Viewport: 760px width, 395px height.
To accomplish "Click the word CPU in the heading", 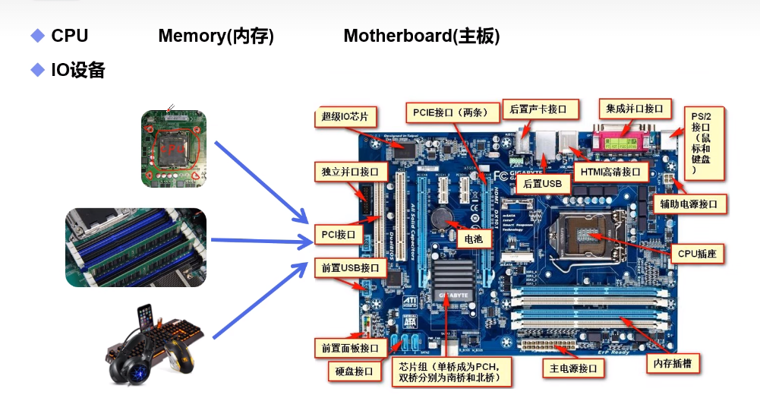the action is point(69,36).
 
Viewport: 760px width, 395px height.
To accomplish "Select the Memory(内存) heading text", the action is point(216,36).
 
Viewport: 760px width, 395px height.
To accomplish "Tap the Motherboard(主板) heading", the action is point(421,36).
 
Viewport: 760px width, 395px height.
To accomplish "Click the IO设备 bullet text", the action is point(77,71).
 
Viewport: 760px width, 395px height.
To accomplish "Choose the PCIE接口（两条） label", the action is point(453,112).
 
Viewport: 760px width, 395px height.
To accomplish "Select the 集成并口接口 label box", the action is point(634,109).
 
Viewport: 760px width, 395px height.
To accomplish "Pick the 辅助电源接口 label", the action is point(689,204).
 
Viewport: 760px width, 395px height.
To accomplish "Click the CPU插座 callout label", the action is point(696,253).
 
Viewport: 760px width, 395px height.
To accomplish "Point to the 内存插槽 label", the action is point(673,362).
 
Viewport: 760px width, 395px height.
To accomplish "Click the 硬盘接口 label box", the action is point(354,371).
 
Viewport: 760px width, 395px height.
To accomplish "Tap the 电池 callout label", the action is point(473,239).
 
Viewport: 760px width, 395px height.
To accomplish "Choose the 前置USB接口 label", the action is point(349,267).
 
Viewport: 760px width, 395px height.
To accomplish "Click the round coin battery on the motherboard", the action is point(440,220).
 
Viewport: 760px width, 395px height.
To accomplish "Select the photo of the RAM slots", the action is point(136,248).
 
